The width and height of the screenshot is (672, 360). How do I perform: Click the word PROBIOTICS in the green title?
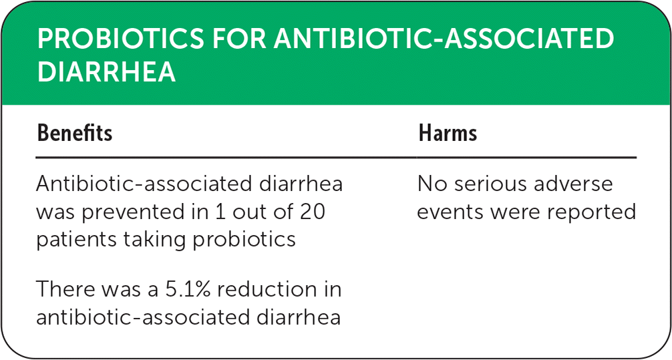(x=120, y=39)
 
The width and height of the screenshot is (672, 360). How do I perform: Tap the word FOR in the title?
(x=239, y=39)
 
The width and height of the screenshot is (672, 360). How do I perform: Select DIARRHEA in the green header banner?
(x=106, y=71)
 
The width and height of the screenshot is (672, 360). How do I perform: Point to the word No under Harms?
(x=433, y=184)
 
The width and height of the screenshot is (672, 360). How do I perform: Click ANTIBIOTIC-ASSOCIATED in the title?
(x=444, y=39)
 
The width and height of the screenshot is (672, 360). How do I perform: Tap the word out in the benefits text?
(x=247, y=212)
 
